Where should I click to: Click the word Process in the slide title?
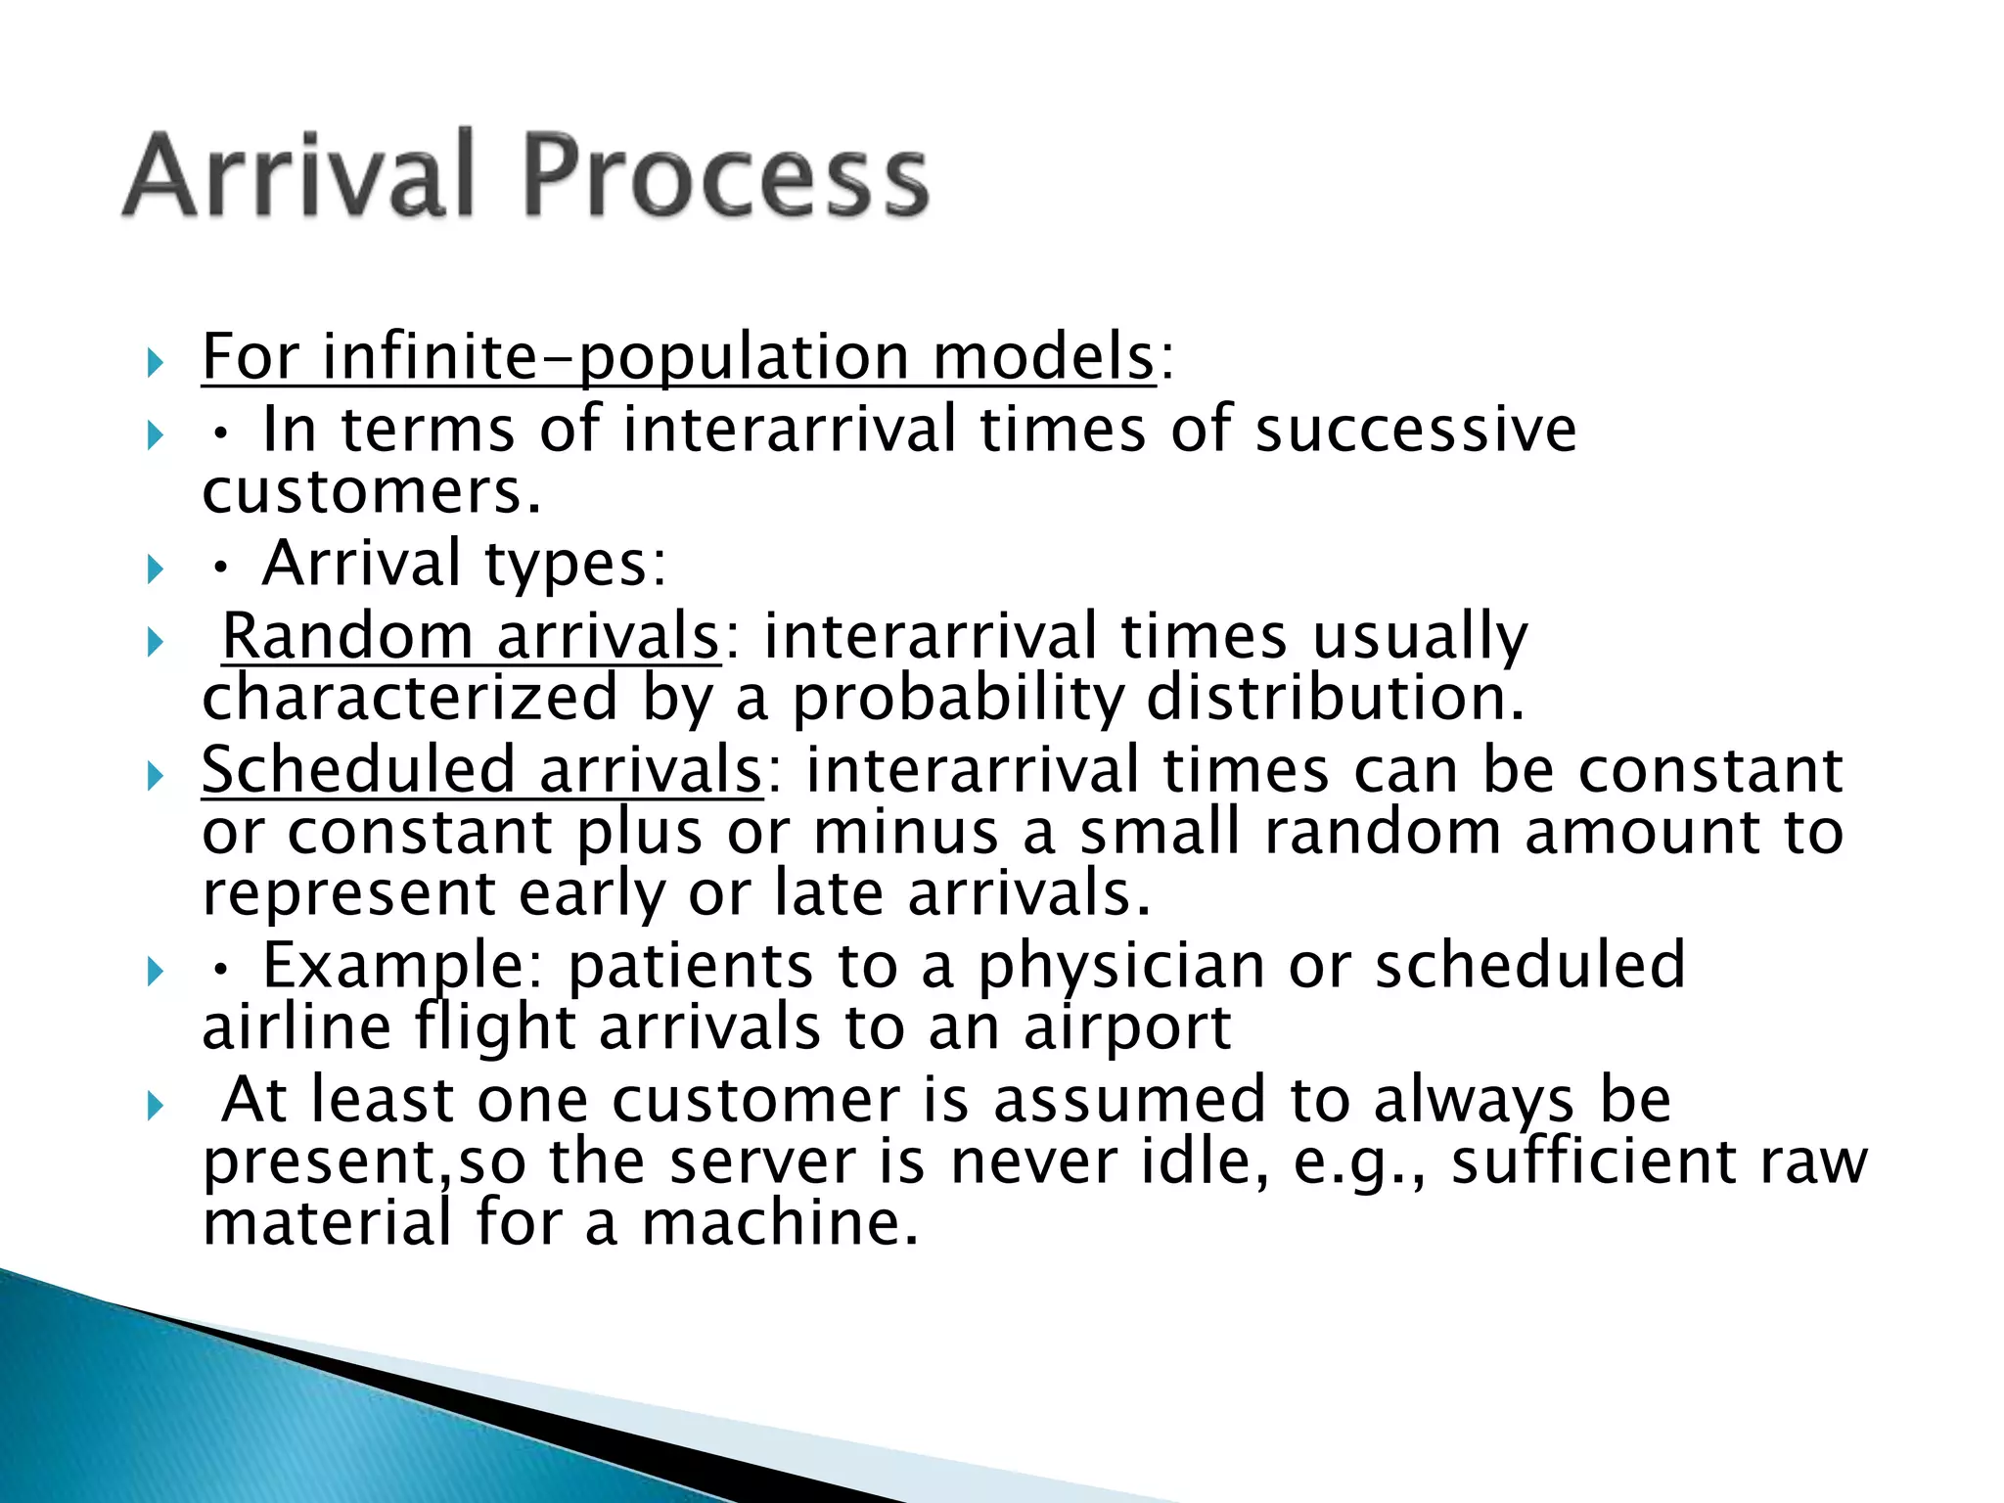[725, 176]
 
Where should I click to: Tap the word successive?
[1415, 431]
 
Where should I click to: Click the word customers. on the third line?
[371, 492]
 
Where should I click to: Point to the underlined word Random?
[347, 637]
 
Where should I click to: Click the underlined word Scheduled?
[357, 770]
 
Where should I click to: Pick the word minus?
[905, 833]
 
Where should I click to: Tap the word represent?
[349, 894]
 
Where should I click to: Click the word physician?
[1121, 968]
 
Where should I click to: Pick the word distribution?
[1335, 699]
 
